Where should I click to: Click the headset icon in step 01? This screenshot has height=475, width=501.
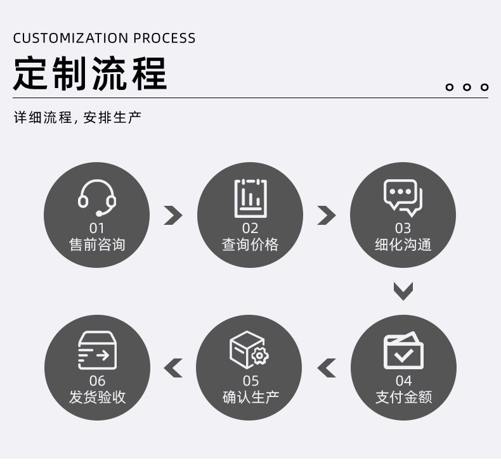tap(97, 198)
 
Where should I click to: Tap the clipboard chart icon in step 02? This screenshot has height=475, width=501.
tap(251, 198)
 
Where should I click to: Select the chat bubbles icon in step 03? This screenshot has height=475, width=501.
tap(403, 198)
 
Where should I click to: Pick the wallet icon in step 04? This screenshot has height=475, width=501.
tap(403, 351)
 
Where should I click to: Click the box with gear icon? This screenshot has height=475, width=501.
tap(249, 350)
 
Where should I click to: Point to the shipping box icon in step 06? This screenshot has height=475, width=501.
tap(97, 350)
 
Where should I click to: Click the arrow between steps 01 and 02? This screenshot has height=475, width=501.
tap(172, 215)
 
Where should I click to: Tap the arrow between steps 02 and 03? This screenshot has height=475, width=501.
tap(326, 215)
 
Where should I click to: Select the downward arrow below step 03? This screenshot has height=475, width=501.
tap(403, 291)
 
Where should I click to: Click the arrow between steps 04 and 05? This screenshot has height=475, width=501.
tap(326, 367)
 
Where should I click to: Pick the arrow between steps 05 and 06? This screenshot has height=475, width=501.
tap(173, 367)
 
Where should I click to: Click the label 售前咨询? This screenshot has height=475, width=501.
tap(97, 244)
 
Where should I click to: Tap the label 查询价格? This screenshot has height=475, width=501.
tap(250, 244)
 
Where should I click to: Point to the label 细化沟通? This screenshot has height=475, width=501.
tap(403, 244)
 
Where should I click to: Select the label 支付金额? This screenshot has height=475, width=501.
tap(403, 397)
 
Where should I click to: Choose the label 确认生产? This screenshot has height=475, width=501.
tap(251, 397)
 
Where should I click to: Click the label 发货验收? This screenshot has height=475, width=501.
tap(97, 397)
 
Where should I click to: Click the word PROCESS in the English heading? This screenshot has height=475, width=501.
tap(164, 38)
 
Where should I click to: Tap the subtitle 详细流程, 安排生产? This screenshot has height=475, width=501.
tap(77, 118)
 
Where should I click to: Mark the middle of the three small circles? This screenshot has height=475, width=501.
tap(467, 87)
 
